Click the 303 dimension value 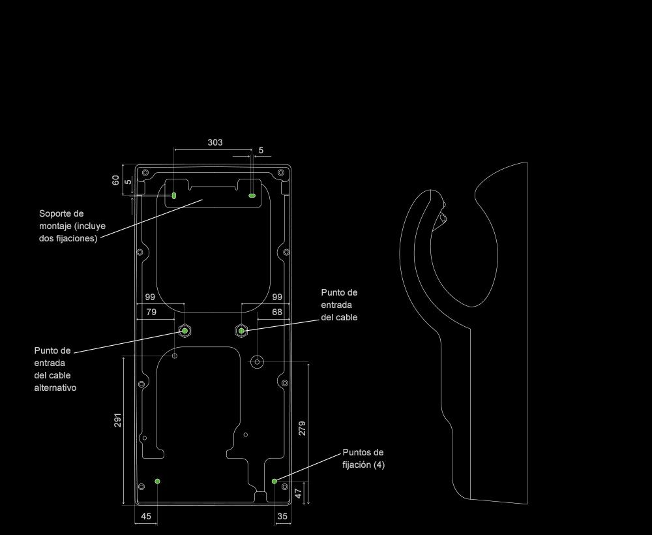point(215,142)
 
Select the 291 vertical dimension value point(118,420)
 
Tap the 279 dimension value point(302,428)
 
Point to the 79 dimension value point(151,313)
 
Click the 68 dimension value point(277,313)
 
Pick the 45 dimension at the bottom point(146,516)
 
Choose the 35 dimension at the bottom point(282,516)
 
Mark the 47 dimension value point(299,493)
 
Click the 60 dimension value point(116,180)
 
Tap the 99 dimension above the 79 point(149,298)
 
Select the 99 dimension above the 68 point(277,298)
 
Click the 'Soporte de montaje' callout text point(72,226)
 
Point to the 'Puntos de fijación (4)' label point(363,459)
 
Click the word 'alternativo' point(55,388)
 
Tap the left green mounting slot point(174,195)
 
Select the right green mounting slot point(252,195)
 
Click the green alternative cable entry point point(185,331)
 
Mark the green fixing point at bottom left point(157,481)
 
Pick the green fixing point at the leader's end point(274,481)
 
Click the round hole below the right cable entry point(258,361)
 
